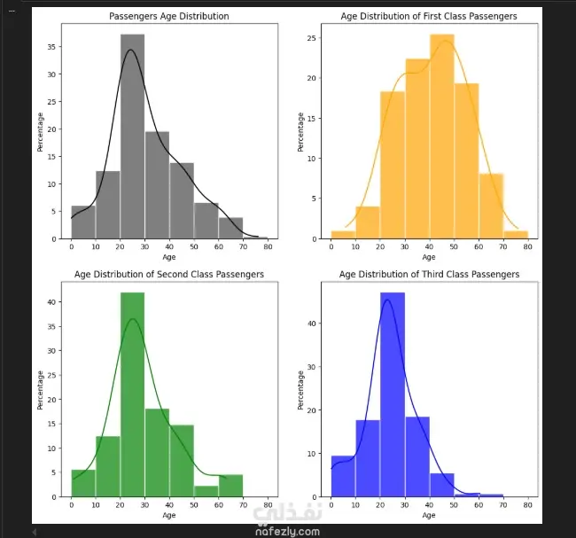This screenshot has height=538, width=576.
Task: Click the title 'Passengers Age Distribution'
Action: point(168,17)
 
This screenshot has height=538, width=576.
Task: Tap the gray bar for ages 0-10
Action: point(83,222)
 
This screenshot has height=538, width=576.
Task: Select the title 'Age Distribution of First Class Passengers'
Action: point(429,17)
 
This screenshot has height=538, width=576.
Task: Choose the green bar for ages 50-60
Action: point(206,490)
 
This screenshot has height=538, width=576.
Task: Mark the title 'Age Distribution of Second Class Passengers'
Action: point(168,275)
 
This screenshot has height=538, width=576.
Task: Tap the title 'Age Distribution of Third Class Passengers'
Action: point(429,275)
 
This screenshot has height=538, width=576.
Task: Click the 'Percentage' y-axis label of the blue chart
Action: point(300,390)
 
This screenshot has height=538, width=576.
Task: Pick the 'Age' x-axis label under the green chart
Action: point(168,515)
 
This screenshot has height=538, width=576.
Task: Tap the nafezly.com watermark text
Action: point(285,531)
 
